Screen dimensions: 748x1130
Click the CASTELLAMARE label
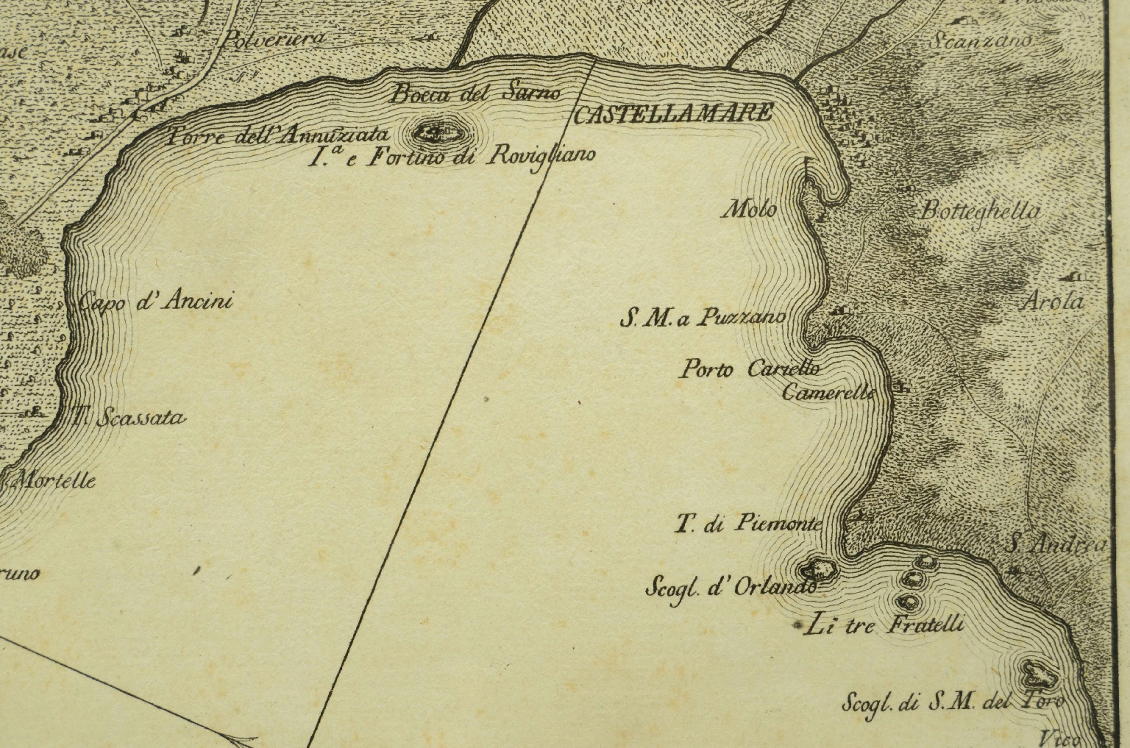[x=672, y=113]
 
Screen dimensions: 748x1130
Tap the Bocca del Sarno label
[x=475, y=93]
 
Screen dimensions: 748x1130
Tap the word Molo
[x=749, y=210]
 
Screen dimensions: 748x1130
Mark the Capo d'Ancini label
[x=155, y=301]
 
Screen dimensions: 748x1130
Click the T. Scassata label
[x=129, y=418]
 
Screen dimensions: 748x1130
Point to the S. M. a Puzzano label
[x=703, y=318]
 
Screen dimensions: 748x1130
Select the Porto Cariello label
[x=748, y=368]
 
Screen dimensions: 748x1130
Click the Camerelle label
[x=828, y=393]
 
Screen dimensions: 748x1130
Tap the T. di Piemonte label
[x=748, y=524]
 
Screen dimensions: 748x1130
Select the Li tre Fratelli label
[x=884, y=626]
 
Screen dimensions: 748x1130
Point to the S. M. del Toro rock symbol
[x=1039, y=672]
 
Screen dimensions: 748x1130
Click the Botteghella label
[x=980, y=212]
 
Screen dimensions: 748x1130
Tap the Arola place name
[x=1054, y=301]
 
